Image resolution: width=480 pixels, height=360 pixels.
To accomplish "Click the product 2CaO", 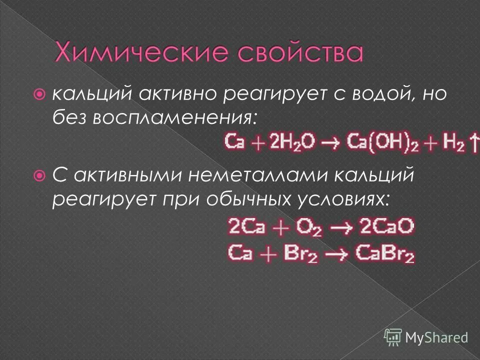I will click(x=385, y=227).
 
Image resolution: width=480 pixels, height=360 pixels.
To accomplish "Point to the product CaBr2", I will click(x=384, y=254).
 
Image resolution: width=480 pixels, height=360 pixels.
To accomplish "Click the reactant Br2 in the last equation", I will click(x=300, y=254).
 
